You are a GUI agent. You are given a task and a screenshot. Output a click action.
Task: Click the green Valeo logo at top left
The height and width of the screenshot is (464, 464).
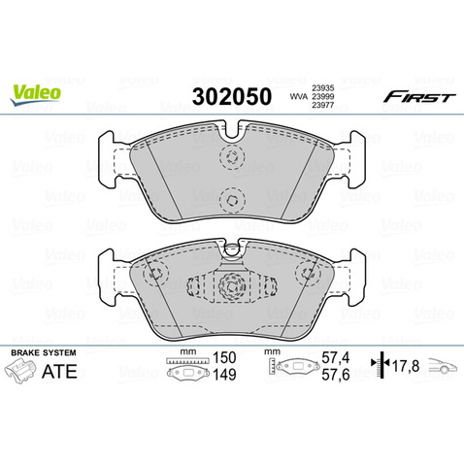coord(37,92)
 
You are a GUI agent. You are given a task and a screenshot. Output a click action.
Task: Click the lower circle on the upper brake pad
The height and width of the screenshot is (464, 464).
coord(231,200)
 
